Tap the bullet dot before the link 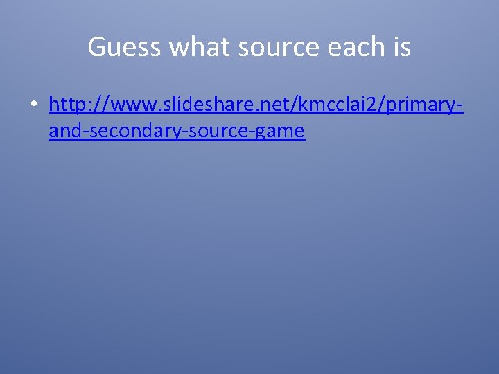[33, 105]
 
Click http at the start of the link [66, 105]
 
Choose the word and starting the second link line [64, 130]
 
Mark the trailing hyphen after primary [459, 106]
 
